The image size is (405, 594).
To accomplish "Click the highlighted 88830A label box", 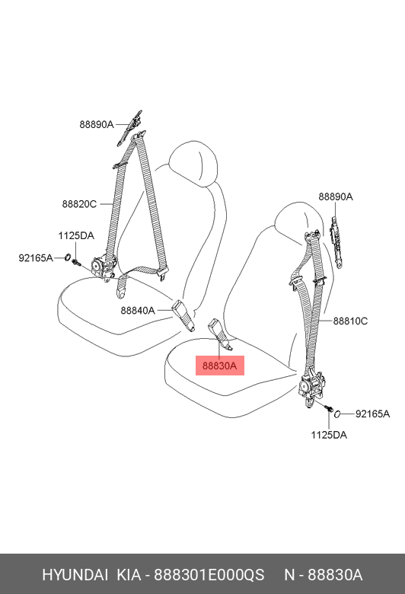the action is (x=220, y=366).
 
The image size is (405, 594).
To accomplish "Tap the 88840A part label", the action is (x=138, y=311).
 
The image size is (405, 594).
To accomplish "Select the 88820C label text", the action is (x=79, y=204).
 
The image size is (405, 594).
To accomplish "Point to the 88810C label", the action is (x=350, y=321).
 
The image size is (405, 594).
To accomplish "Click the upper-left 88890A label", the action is (x=96, y=124).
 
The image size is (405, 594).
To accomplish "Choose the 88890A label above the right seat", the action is (x=335, y=197).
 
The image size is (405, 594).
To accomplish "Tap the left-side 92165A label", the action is (x=36, y=258).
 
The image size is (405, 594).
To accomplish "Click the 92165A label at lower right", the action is (x=372, y=414).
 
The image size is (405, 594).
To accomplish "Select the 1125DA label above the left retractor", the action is (x=76, y=235).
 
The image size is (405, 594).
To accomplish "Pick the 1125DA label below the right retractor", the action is (x=329, y=435).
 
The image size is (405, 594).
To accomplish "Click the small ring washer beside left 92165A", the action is (x=67, y=257).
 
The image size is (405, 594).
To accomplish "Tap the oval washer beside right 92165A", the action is (x=337, y=414).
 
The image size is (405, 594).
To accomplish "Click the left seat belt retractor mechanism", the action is (x=104, y=267).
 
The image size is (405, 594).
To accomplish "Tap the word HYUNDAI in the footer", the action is (x=75, y=575).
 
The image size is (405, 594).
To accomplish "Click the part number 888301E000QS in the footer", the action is (x=209, y=575).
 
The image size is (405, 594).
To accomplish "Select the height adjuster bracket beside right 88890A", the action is (x=335, y=241).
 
